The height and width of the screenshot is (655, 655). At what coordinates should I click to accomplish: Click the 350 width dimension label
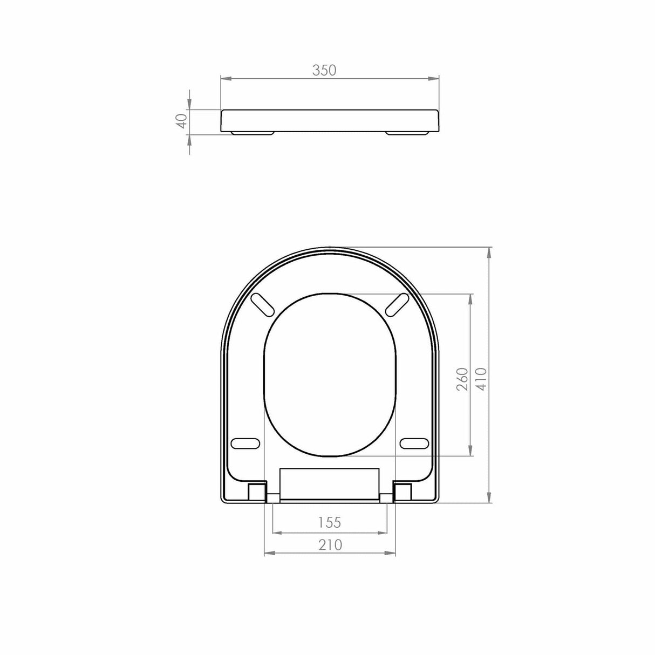[x=325, y=70]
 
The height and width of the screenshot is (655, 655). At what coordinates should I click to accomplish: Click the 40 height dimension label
[x=182, y=120]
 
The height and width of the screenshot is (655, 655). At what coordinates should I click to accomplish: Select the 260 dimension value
[x=462, y=379]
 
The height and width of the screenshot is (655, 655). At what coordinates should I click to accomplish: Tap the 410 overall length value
[x=481, y=379]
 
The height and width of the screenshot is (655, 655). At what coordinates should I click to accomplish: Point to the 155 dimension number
[x=329, y=522]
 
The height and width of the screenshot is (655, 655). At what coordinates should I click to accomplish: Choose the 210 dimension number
[x=330, y=545]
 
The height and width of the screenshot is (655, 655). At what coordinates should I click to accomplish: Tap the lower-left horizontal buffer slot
[x=245, y=444]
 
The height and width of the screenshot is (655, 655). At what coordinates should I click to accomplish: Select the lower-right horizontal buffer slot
[x=414, y=444]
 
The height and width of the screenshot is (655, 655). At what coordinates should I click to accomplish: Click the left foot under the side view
[x=253, y=133]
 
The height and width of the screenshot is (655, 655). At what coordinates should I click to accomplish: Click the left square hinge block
[x=256, y=491]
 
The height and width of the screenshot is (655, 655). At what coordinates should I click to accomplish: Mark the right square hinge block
[x=404, y=491]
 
